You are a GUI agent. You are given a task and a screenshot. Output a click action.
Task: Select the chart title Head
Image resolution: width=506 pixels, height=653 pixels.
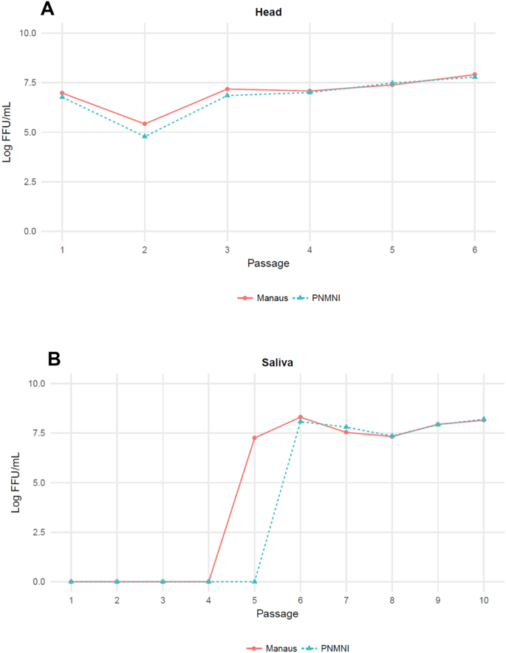[268, 13]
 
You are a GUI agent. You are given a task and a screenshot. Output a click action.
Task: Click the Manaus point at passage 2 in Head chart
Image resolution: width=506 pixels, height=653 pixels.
[145, 124]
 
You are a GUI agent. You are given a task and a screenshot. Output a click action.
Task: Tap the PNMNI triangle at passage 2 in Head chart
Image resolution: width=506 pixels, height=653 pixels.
[145, 137]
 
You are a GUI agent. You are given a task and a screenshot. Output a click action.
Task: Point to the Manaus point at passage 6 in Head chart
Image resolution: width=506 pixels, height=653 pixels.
[474, 75]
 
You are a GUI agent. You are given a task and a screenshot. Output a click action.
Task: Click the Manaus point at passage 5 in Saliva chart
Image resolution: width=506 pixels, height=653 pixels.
[255, 438]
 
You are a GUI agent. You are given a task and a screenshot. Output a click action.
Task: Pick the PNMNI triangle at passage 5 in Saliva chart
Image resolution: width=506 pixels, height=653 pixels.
[255, 581]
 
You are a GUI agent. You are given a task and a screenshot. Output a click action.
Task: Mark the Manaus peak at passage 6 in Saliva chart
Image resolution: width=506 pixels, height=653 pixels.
[301, 418]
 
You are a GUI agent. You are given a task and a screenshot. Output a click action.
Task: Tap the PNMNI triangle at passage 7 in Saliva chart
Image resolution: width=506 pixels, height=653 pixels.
[346, 427]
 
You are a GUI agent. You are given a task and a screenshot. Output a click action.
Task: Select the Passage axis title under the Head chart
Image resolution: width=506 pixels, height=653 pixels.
[268, 263]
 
